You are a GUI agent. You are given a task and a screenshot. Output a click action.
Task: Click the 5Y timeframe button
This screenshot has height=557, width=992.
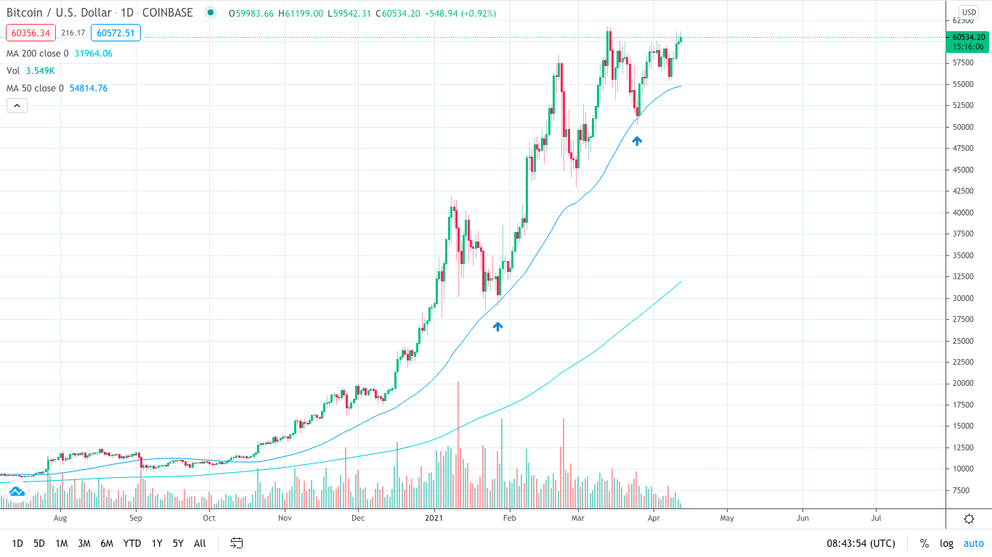[178, 543]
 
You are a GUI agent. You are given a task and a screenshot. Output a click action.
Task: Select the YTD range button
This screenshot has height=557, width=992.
[132, 543]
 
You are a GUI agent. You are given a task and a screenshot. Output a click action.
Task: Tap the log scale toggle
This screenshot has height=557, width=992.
[946, 543]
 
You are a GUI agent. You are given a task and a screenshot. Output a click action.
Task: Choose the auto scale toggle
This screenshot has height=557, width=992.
[973, 543]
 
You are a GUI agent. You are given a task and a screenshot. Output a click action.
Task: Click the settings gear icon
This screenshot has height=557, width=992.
[969, 519]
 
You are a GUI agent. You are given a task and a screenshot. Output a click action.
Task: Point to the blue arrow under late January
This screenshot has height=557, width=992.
[497, 326]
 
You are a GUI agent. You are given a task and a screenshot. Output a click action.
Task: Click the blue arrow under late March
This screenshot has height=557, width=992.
[637, 141]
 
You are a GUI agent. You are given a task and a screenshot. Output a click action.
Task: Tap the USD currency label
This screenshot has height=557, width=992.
[969, 12]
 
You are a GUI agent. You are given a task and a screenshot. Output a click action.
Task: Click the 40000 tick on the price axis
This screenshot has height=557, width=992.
[964, 213]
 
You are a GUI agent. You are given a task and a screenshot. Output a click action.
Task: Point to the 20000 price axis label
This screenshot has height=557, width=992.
[964, 384]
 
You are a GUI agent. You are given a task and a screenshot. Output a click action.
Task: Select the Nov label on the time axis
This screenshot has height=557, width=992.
[285, 518]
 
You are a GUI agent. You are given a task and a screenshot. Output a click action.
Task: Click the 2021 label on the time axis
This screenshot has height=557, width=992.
[434, 518]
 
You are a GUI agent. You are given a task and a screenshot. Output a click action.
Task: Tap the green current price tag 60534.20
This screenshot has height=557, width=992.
[969, 37]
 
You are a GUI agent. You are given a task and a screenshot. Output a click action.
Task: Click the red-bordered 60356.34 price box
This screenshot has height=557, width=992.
[31, 33]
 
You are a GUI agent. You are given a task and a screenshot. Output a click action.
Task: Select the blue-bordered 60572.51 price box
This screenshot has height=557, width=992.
[115, 33]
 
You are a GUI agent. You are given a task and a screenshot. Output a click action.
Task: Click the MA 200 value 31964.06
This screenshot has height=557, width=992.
[94, 53]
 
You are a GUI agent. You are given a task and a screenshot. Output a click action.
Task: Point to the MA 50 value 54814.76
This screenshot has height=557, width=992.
[89, 88]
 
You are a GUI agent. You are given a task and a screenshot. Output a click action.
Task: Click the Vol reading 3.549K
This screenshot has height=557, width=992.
[40, 70]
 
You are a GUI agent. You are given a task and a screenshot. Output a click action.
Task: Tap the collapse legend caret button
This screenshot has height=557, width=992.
[17, 105]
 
